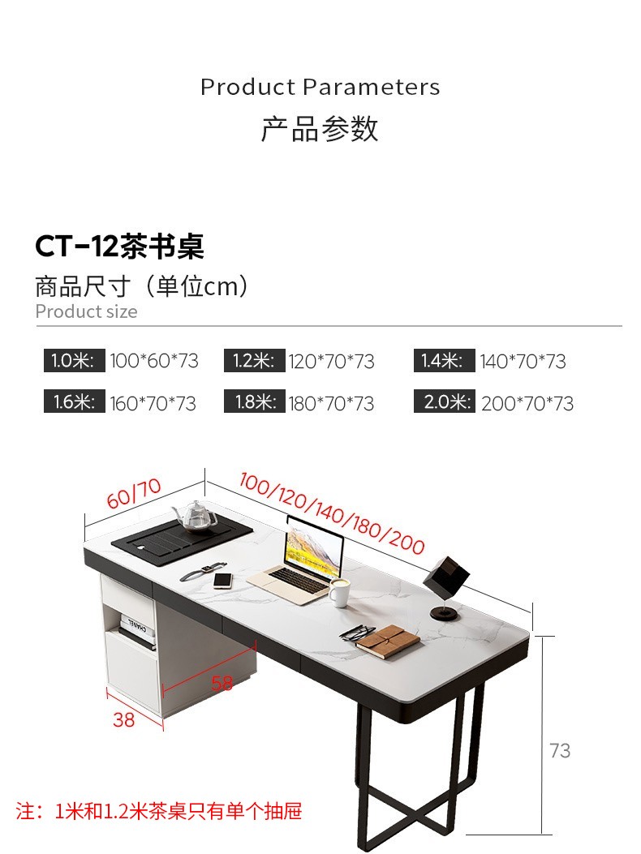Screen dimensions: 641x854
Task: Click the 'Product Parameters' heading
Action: [320, 87]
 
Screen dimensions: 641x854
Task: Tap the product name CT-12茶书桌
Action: [119, 246]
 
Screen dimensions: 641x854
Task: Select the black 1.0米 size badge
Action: [74, 360]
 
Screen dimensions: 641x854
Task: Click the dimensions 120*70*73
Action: [331, 361]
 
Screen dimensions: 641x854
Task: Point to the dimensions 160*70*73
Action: [153, 403]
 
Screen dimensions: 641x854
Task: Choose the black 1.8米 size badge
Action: [255, 402]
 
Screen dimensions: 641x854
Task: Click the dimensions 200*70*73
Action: [527, 403]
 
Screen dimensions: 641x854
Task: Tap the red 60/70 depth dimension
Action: [135, 493]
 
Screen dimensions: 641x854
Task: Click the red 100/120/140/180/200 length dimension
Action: [331, 513]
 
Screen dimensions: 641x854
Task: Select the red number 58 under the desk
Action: [222, 683]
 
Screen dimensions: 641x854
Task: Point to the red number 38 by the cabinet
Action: [123, 719]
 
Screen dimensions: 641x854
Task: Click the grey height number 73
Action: [560, 750]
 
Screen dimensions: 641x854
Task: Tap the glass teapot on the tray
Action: [193, 514]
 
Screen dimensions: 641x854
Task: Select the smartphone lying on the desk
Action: [222, 580]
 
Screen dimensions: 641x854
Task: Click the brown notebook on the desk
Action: [388, 642]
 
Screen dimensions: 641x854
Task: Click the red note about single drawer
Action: [159, 810]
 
